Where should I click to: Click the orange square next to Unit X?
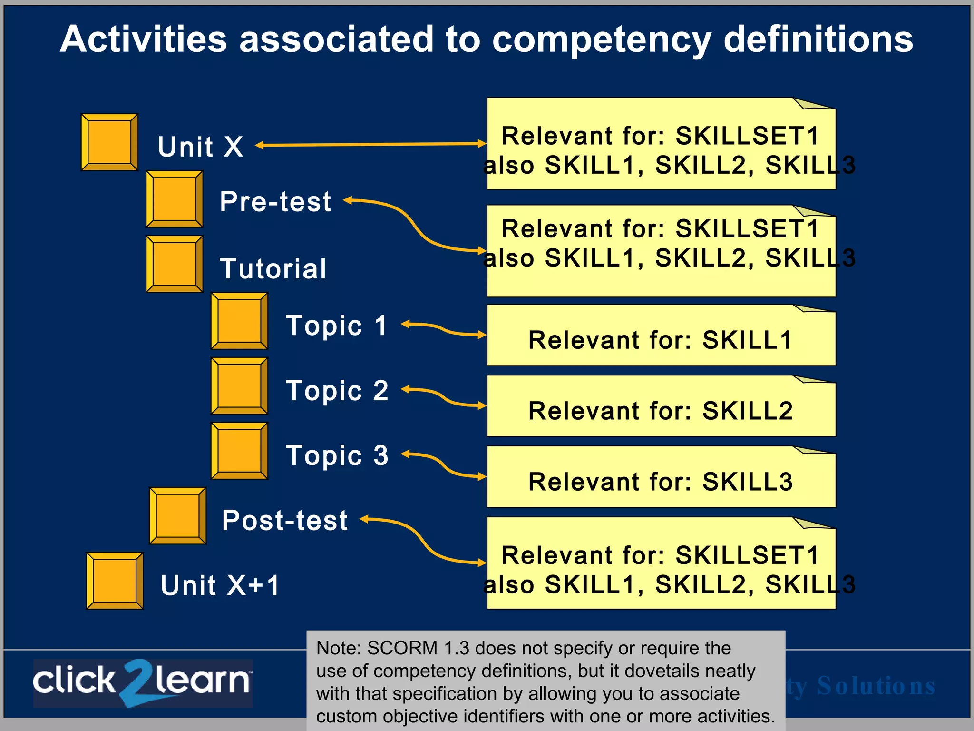point(109,142)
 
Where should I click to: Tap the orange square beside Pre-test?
point(174,199)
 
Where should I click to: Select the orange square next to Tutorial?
point(174,264)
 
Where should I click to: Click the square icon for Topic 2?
point(239,386)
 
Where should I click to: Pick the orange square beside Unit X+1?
point(115,581)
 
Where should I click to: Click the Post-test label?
point(284,520)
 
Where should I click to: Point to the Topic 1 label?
point(336,326)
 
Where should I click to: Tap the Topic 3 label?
point(337,455)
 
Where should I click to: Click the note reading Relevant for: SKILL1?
point(661,340)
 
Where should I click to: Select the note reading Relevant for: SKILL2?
point(661,410)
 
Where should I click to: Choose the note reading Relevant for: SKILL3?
point(661,481)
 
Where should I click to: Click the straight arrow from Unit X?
point(371,144)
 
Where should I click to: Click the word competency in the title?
point(601,40)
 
